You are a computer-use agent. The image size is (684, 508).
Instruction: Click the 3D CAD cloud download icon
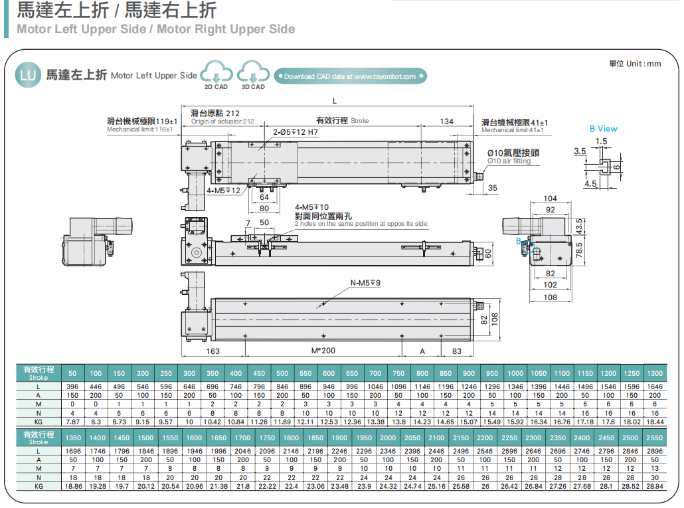pyautogui.click(x=252, y=72)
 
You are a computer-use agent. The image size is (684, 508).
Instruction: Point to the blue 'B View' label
pyautogui.click(x=603, y=129)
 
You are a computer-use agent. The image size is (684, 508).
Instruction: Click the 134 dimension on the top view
pyautogui.click(x=447, y=121)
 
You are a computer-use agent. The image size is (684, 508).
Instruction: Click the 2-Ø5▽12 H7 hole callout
pyautogui.click(x=296, y=132)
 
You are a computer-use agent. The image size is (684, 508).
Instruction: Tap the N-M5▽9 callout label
pyautogui.click(x=366, y=284)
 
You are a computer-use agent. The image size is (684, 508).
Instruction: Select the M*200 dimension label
pyautogui.click(x=323, y=351)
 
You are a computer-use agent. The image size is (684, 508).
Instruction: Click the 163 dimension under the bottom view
pyautogui.click(x=213, y=351)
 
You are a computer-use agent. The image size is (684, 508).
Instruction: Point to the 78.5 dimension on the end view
pyautogui.click(x=579, y=250)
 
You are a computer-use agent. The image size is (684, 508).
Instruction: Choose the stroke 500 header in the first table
pyautogui.click(x=282, y=373)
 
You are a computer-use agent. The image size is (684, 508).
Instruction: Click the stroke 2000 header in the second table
pyautogui.click(x=388, y=438)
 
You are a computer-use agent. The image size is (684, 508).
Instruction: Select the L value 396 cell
pyautogui.click(x=72, y=386)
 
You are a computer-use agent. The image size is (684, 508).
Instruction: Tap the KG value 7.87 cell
pyautogui.click(x=72, y=421)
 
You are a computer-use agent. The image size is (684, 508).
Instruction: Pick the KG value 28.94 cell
pyautogui.click(x=654, y=486)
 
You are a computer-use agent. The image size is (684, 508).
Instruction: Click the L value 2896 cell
pyautogui.click(x=654, y=451)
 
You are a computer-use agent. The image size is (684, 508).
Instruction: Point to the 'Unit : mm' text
pyautogui.click(x=635, y=63)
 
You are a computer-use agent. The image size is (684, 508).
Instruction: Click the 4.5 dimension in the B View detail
pyautogui.click(x=590, y=183)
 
